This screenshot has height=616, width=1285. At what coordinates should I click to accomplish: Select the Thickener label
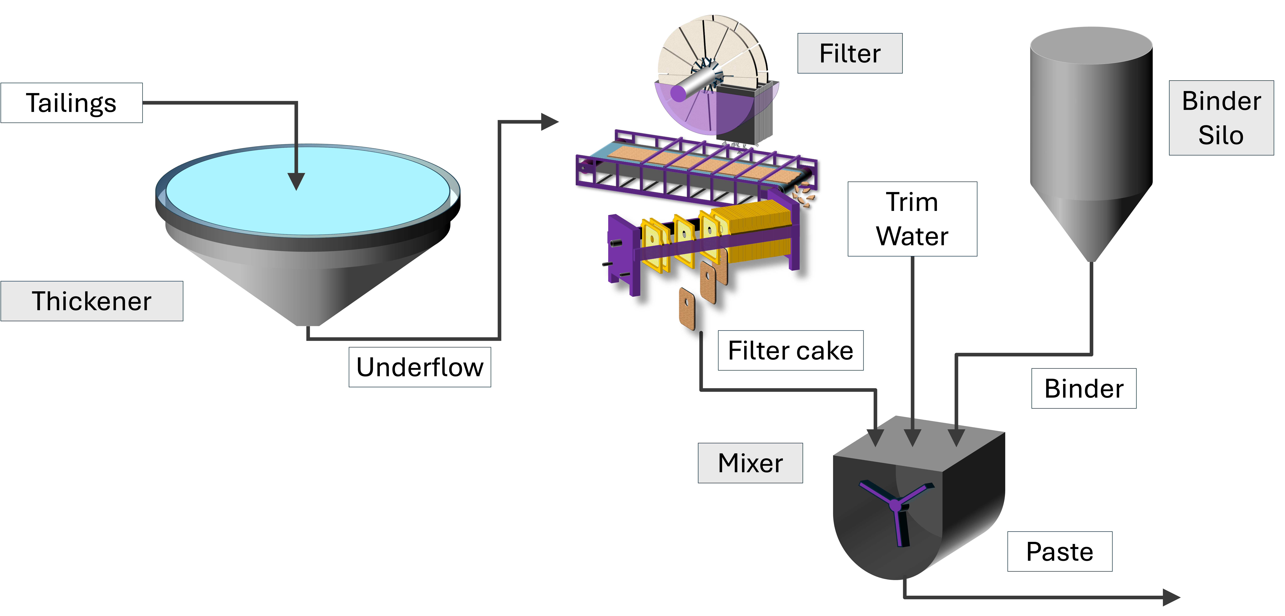tap(92, 301)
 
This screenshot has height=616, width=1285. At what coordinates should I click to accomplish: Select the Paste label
tap(1060, 552)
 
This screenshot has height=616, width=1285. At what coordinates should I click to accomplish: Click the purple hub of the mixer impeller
tap(895, 506)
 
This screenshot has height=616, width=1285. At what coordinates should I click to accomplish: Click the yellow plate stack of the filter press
tap(756, 230)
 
